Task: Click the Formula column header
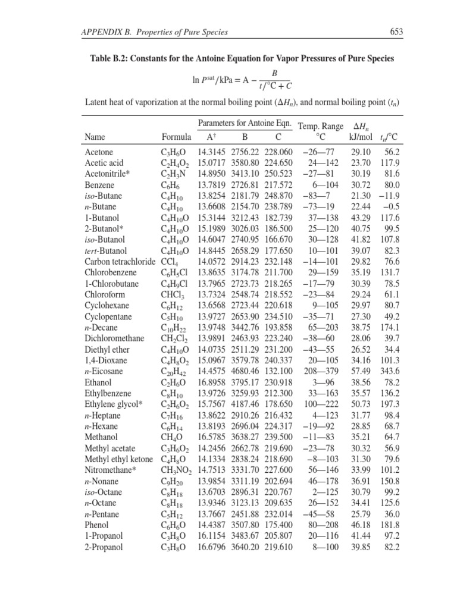[177, 137]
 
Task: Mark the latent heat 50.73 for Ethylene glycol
[361, 404]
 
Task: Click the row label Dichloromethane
[115, 338]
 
